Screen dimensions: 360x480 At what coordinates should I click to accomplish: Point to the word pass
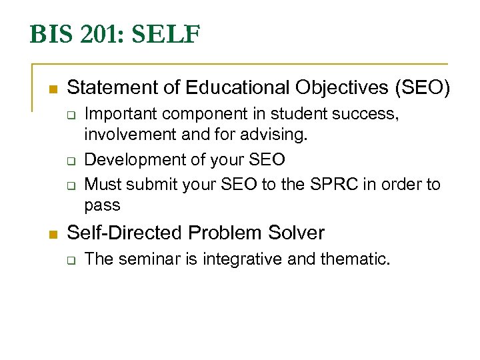tap(102, 205)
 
